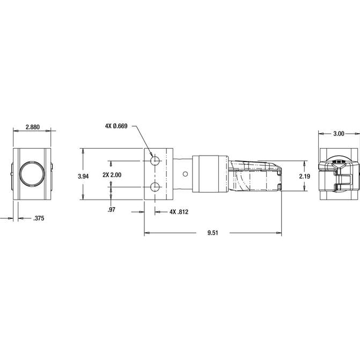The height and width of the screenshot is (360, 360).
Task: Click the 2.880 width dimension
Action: tap(33, 127)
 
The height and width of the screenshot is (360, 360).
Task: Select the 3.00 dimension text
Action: tap(339, 134)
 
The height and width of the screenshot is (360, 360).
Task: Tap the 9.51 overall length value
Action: tap(212, 233)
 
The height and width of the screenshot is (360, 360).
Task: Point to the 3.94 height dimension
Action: tap(83, 177)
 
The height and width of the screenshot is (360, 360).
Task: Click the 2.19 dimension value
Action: tap(304, 177)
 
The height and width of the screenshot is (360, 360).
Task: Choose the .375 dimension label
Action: tap(39, 218)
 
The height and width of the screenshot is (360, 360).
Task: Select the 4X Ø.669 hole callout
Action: tap(116, 126)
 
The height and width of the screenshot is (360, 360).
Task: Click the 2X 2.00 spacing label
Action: tap(112, 175)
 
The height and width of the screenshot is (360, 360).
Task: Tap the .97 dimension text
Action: tap(112, 210)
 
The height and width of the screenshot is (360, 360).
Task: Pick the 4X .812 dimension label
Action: tap(179, 212)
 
